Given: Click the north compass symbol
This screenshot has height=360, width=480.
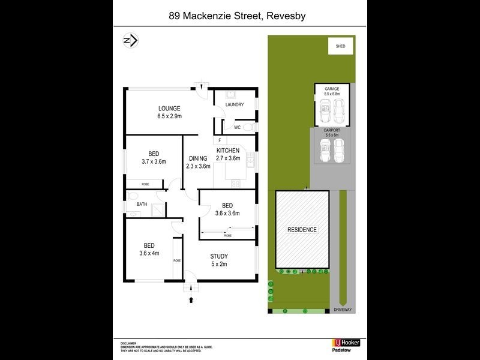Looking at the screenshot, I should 130,40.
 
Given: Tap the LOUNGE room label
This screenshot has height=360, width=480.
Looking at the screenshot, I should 169,108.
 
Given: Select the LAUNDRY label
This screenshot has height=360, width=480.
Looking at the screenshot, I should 233,105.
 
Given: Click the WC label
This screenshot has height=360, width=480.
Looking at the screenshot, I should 237,127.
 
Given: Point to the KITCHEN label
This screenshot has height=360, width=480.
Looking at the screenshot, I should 228,151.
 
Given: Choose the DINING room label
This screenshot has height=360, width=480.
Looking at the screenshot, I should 198,158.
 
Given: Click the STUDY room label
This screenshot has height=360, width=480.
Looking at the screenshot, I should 219,256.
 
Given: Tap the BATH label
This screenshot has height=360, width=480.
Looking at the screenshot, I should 142,205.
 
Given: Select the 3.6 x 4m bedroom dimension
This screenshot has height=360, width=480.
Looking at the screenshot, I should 149,253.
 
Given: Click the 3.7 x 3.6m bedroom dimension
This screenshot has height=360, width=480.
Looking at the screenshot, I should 153,161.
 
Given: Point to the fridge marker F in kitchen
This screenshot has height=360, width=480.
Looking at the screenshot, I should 220,140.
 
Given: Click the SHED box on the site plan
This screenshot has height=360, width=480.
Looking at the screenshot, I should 341,45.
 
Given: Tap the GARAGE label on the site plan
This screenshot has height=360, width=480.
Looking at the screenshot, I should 332,89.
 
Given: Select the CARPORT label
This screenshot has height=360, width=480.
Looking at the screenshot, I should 332,130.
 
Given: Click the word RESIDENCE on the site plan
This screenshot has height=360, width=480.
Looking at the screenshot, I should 302,230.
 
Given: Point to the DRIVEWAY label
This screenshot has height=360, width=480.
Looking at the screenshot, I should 344,310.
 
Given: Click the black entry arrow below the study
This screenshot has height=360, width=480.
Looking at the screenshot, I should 191,298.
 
